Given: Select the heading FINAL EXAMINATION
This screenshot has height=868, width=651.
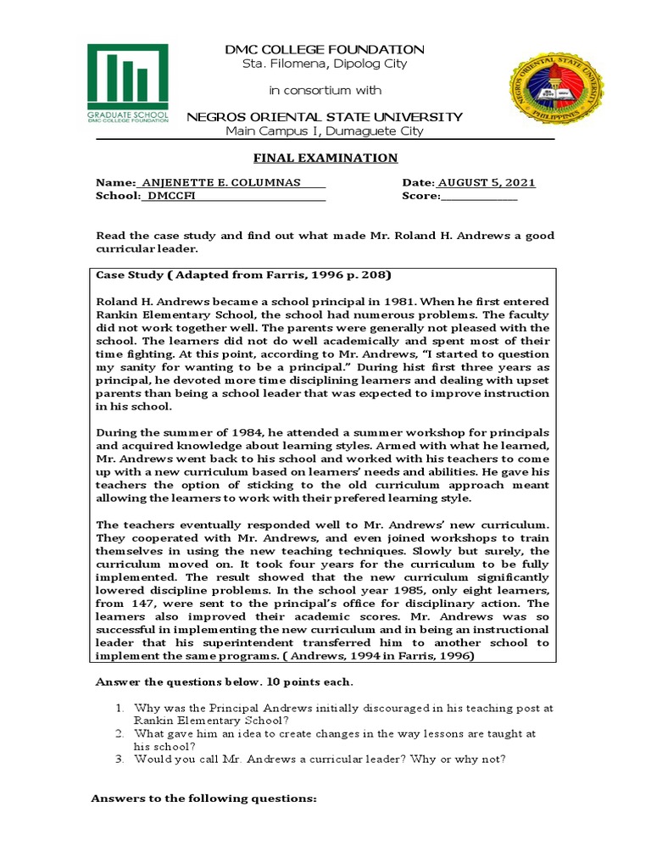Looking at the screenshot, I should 325,159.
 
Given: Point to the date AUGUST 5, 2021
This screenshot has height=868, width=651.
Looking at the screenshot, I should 487,183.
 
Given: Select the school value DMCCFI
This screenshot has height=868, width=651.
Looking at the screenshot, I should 170,196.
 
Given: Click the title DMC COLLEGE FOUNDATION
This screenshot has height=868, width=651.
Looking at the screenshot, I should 325,50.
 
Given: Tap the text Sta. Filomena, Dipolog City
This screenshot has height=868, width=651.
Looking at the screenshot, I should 325,64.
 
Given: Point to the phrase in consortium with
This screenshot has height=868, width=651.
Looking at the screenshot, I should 325,90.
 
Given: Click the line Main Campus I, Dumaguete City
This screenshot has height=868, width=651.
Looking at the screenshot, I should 325,131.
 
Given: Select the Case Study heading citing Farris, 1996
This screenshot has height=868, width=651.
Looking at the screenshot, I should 243,275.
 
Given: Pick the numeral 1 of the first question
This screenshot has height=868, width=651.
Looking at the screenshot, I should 122,707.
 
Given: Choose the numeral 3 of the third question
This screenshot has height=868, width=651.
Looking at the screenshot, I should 122,759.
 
